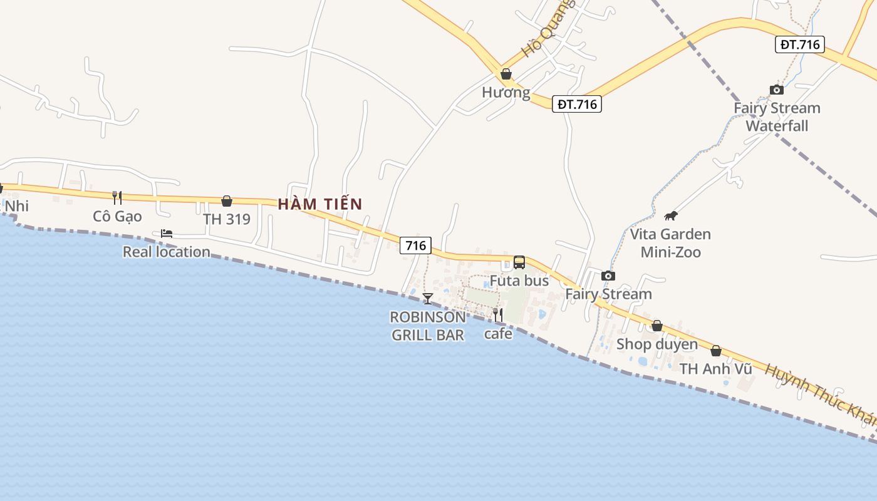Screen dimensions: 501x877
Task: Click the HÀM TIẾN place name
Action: pyautogui.click(x=320, y=204)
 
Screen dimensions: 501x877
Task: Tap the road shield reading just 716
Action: pyautogui.click(x=416, y=246)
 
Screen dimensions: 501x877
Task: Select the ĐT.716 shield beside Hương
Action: pyautogui.click(x=576, y=104)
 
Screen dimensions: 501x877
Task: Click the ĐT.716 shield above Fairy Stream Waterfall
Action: pyautogui.click(x=799, y=44)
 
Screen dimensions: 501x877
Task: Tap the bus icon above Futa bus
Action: pyautogui.click(x=519, y=262)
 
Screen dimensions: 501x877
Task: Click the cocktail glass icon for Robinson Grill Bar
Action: pyautogui.click(x=428, y=298)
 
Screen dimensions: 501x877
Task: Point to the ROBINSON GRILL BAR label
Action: pyautogui.click(x=428, y=326)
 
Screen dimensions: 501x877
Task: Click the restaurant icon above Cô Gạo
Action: pyautogui.click(x=117, y=198)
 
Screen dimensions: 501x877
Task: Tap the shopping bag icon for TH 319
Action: pyautogui.click(x=227, y=201)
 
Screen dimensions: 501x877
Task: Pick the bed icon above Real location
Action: pyautogui.click(x=167, y=234)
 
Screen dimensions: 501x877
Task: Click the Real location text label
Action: pyautogui.click(x=167, y=252)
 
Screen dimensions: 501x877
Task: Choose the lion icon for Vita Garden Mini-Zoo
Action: pyautogui.click(x=671, y=216)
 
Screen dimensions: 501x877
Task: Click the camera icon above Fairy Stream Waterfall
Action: pyautogui.click(x=777, y=90)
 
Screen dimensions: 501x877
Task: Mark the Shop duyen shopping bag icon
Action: pyautogui.click(x=657, y=326)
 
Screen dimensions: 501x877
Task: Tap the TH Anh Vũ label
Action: pyautogui.click(x=716, y=369)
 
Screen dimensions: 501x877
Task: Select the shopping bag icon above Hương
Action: pyautogui.click(x=506, y=75)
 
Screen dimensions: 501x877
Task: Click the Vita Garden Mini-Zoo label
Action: pyautogui.click(x=670, y=243)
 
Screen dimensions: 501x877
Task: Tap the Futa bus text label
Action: pyautogui.click(x=519, y=281)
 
